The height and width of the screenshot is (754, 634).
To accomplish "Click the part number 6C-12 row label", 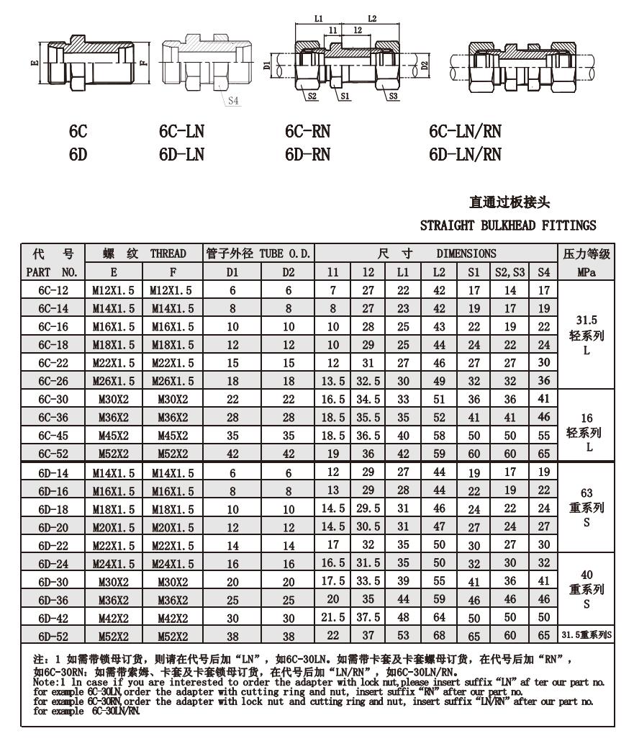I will tap(54, 290).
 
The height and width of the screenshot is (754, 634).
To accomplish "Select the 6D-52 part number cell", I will tap(54, 635).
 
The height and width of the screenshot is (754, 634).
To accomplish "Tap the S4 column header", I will tap(544, 273).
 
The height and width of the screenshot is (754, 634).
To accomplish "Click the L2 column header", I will tap(438, 273).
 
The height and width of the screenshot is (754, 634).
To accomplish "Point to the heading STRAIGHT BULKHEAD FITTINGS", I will tap(508, 225).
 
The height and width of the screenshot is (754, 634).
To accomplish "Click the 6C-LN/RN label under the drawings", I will tap(465, 131).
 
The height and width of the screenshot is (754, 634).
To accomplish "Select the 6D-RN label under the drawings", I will tap(307, 154).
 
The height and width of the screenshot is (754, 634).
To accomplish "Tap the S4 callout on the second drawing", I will tap(232, 101).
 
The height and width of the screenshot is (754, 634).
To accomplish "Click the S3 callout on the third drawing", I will tap(392, 95).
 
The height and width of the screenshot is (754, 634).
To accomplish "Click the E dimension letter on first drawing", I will tap(34, 63).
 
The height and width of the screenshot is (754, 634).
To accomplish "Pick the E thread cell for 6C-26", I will tap(114, 380).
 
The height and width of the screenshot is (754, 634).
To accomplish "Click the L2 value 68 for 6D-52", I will tap(438, 635).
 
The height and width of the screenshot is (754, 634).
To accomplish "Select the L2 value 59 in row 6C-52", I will tap(438, 454).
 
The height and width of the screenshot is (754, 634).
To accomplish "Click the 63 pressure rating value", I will tap(587, 493).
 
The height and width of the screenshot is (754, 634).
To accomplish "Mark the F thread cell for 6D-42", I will tap(173, 617).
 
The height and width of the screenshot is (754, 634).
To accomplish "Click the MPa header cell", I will tap(587, 273).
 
